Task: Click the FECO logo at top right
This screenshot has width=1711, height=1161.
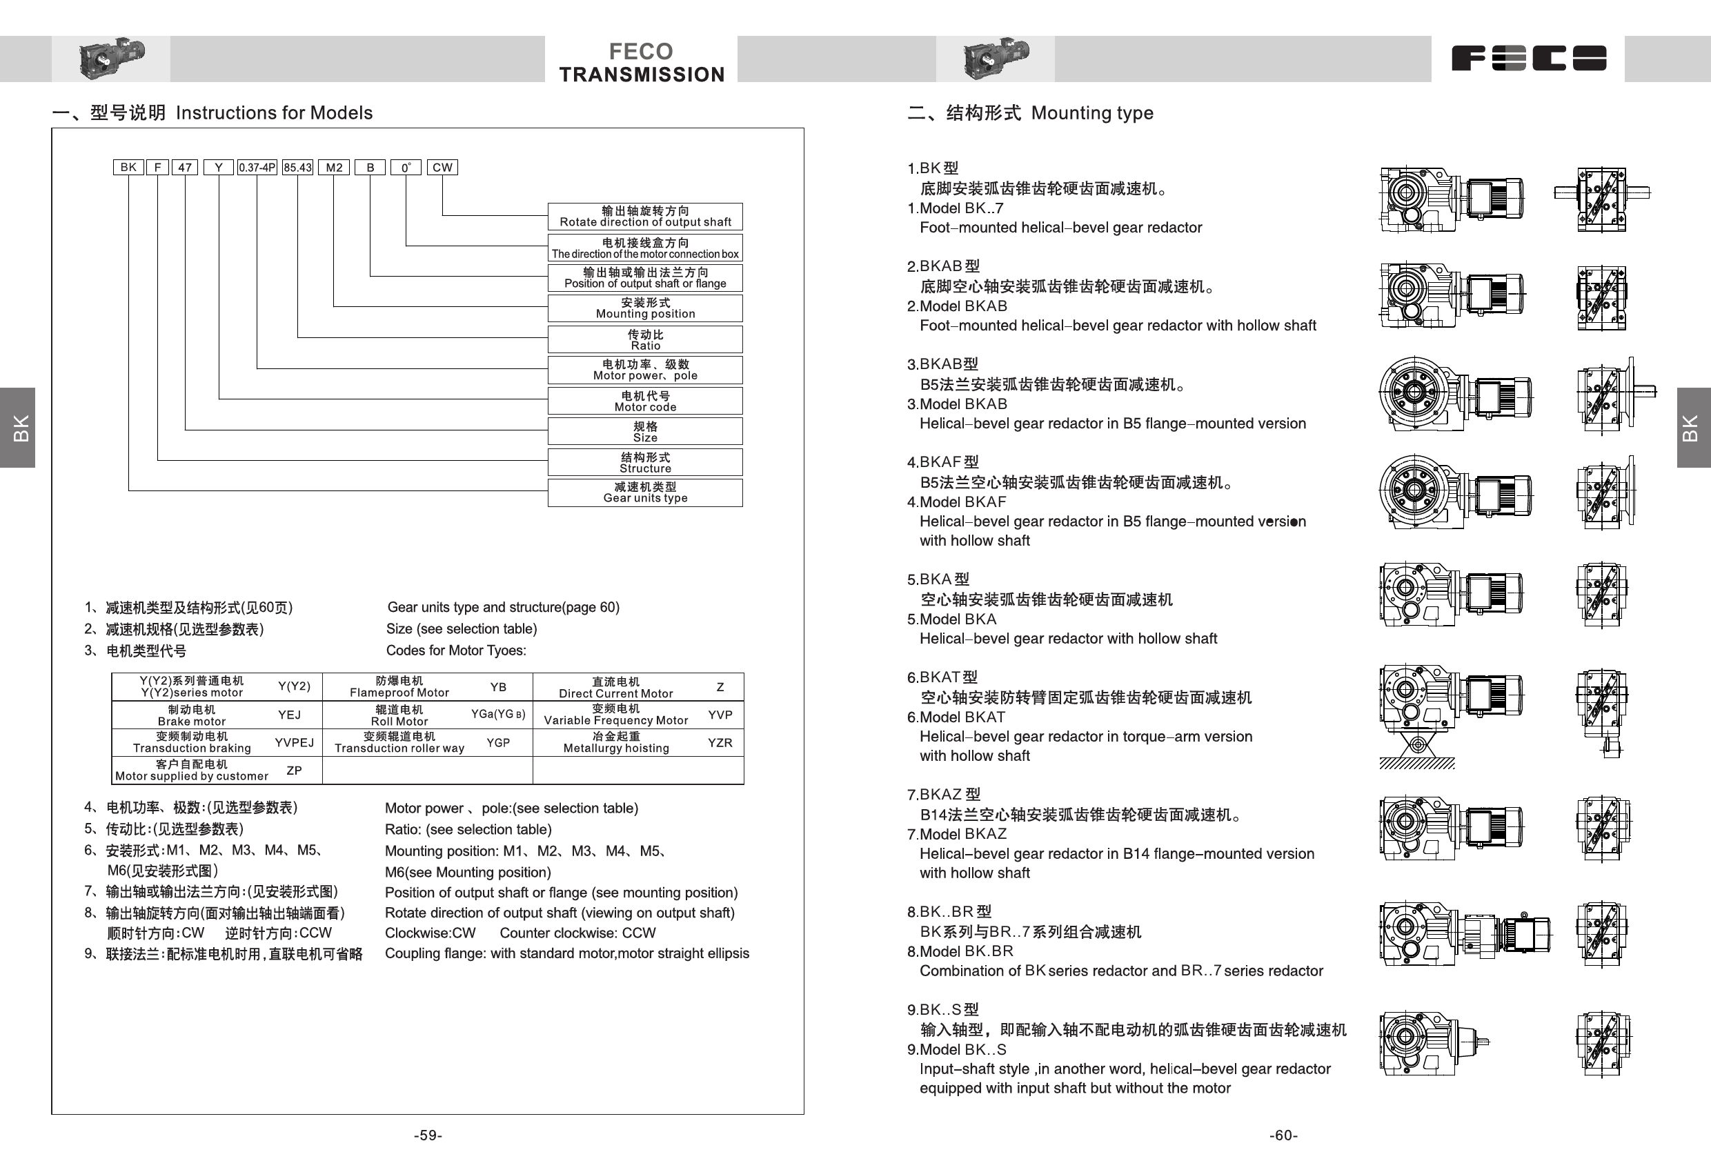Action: point(1528,58)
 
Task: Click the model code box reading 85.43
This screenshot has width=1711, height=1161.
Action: point(297,167)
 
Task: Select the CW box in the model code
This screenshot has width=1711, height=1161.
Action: point(442,167)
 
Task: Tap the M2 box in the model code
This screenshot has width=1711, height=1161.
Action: point(334,167)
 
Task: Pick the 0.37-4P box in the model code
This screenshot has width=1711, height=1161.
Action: point(257,167)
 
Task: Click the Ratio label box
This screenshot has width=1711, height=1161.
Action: point(645,339)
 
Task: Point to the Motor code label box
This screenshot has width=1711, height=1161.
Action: point(645,401)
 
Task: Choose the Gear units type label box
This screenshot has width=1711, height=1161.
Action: point(645,493)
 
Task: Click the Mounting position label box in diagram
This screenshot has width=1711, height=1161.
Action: point(645,308)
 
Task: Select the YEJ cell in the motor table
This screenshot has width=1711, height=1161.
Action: point(289,715)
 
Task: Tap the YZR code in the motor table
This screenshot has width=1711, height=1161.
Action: point(720,743)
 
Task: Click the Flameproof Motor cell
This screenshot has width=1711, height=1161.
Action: point(399,687)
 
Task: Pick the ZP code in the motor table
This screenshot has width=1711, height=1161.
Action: point(294,771)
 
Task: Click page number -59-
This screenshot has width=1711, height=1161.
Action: point(428,1135)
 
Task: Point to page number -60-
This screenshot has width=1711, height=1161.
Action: point(1283,1135)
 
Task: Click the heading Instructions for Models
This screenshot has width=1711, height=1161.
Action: point(274,112)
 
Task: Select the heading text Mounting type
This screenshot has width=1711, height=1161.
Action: point(1092,112)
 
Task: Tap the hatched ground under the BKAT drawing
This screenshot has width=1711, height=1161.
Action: point(1416,764)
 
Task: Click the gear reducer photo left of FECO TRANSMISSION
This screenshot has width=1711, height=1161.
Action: point(111,57)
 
